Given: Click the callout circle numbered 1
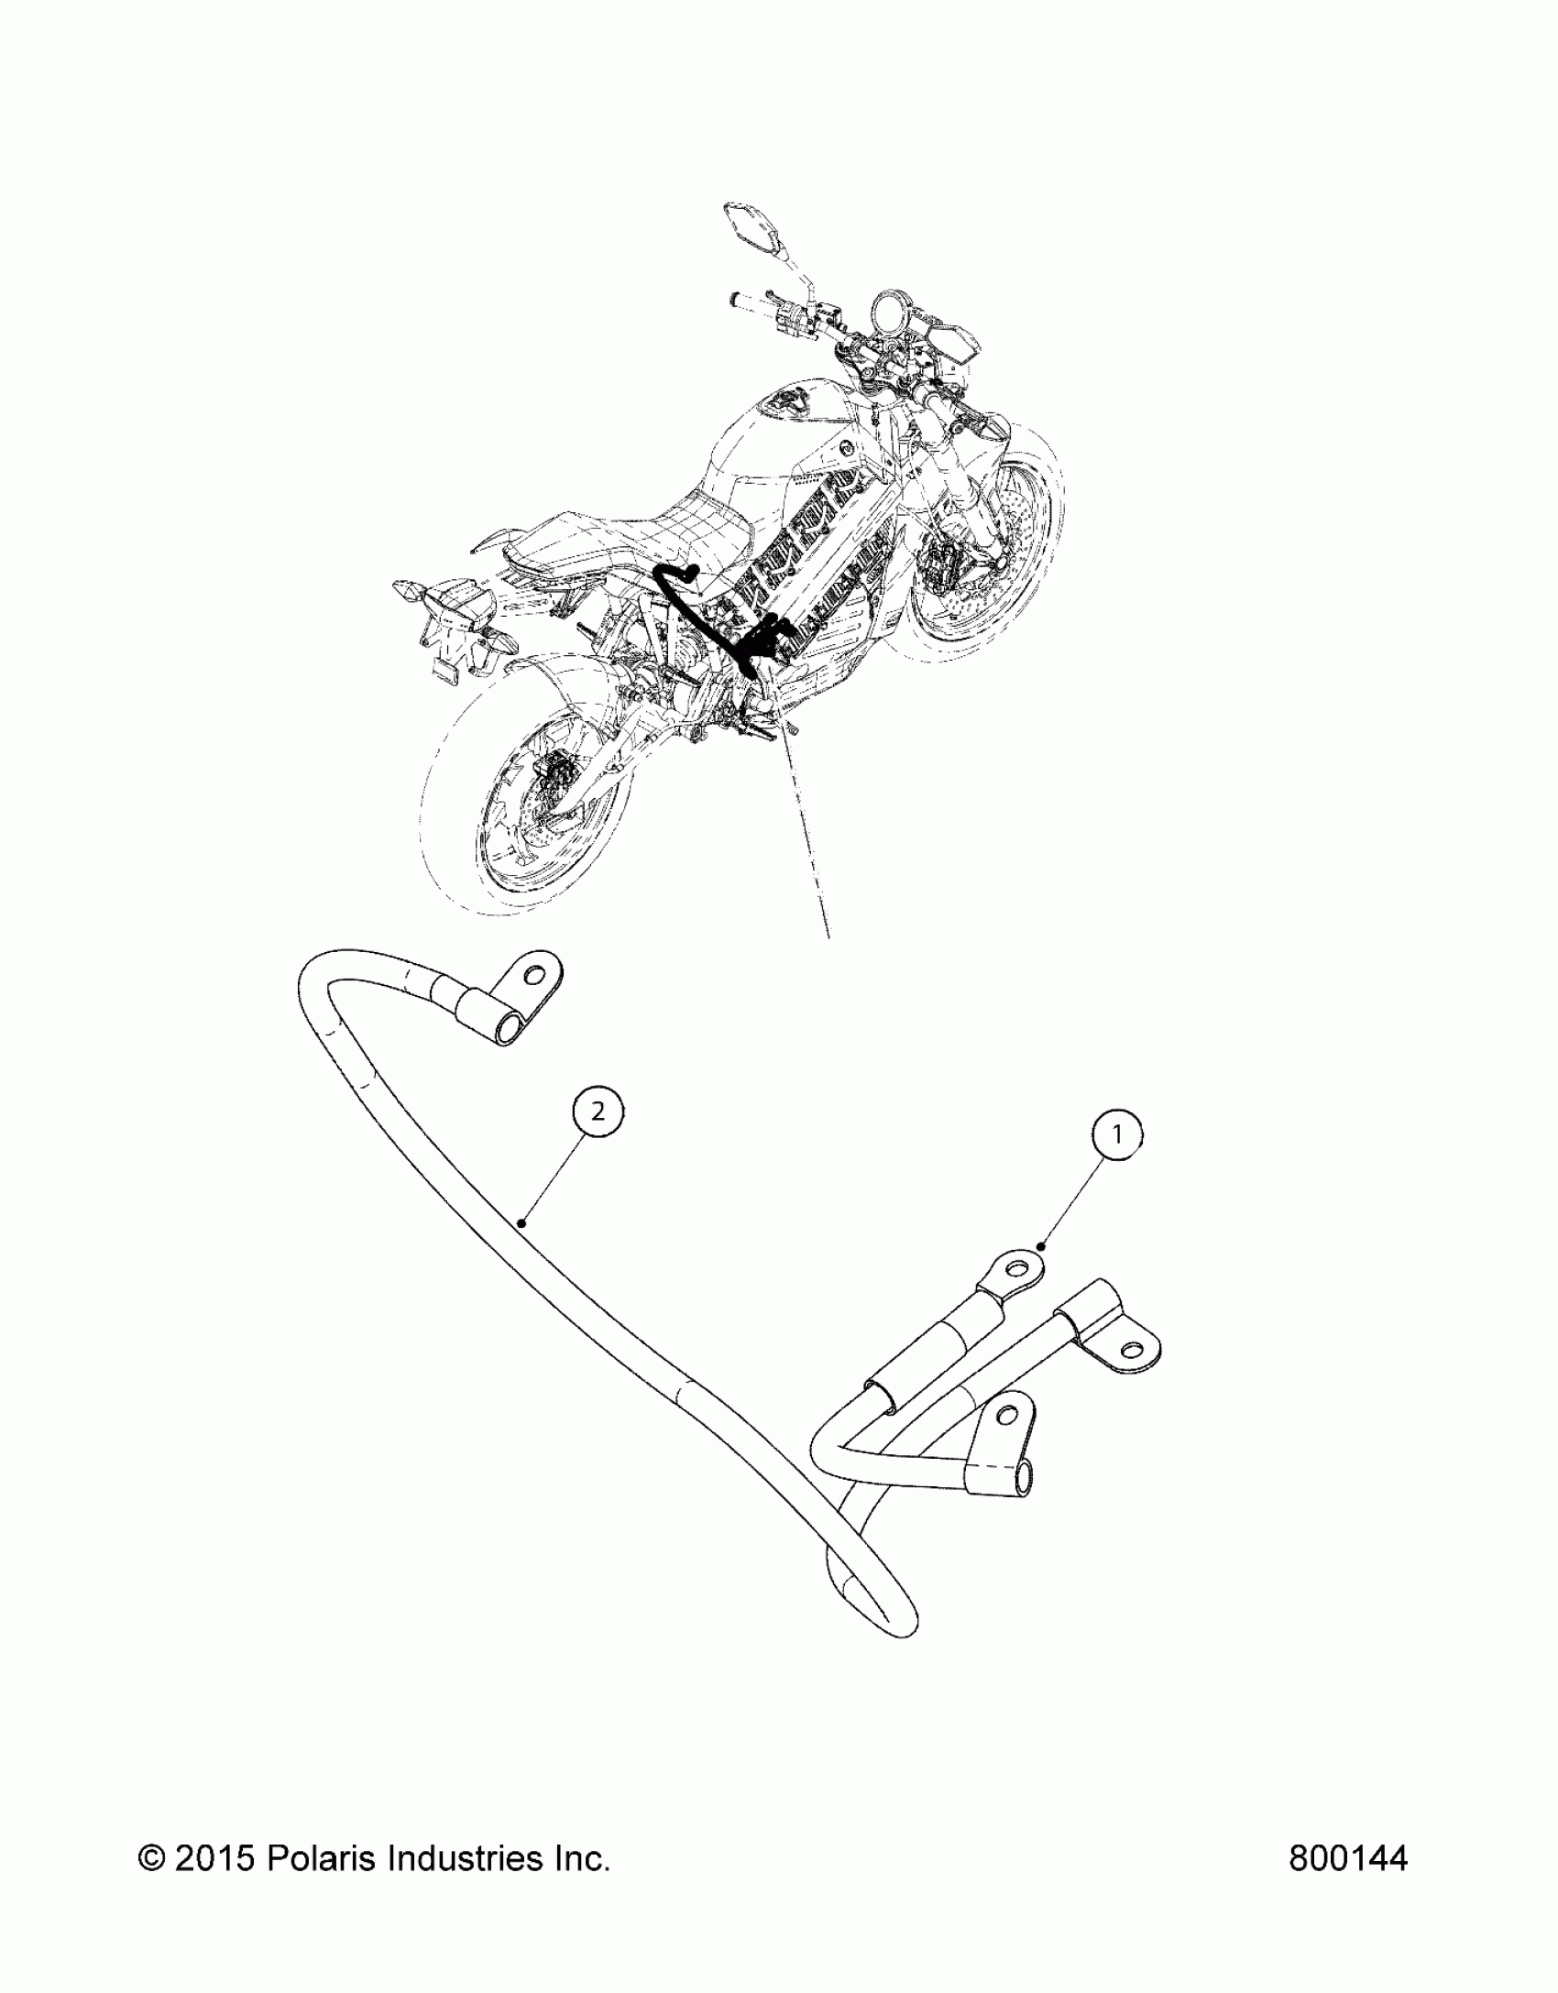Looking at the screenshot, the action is click(x=1116, y=1135).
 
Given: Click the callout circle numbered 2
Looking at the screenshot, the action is click(x=598, y=1111).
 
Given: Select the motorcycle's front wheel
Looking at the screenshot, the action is click(x=985, y=568).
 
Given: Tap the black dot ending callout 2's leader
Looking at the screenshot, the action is click(x=521, y=1221).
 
